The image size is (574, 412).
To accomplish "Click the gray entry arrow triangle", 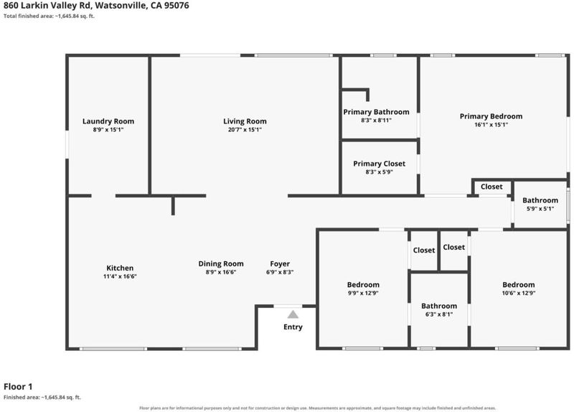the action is click(x=293, y=314).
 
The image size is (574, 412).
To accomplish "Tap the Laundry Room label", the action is click(x=108, y=121).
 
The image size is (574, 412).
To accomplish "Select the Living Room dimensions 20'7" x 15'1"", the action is click(x=245, y=130).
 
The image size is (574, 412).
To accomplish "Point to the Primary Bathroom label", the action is click(x=376, y=112).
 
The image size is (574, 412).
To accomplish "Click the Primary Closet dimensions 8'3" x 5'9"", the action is click(x=380, y=172).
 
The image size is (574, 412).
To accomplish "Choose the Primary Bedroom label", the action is click(x=491, y=116).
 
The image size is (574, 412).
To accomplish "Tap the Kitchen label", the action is click(x=120, y=268).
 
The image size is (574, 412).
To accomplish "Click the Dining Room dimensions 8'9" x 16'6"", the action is click(x=221, y=272).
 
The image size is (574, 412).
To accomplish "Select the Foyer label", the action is click(x=280, y=264).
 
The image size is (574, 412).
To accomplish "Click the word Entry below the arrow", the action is click(x=293, y=327).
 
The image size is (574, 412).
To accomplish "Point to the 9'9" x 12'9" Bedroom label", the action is click(x=363, y=284).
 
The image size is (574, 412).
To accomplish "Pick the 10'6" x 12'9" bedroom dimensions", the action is click(x=519, y=293).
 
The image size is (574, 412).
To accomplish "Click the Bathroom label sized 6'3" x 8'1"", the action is click(x=439, y=306).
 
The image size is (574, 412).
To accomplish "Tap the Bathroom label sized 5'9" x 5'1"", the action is click(x=540, y=200).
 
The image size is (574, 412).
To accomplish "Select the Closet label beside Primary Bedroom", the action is click(x=491, y=187).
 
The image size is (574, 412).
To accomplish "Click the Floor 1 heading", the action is click(x=18, y=386).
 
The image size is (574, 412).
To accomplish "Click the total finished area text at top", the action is click(x=49, y=16).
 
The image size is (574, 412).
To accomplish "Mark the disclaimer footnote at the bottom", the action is click(x=317, y=408).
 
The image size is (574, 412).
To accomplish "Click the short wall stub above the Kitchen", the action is click(x=173, y=205).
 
